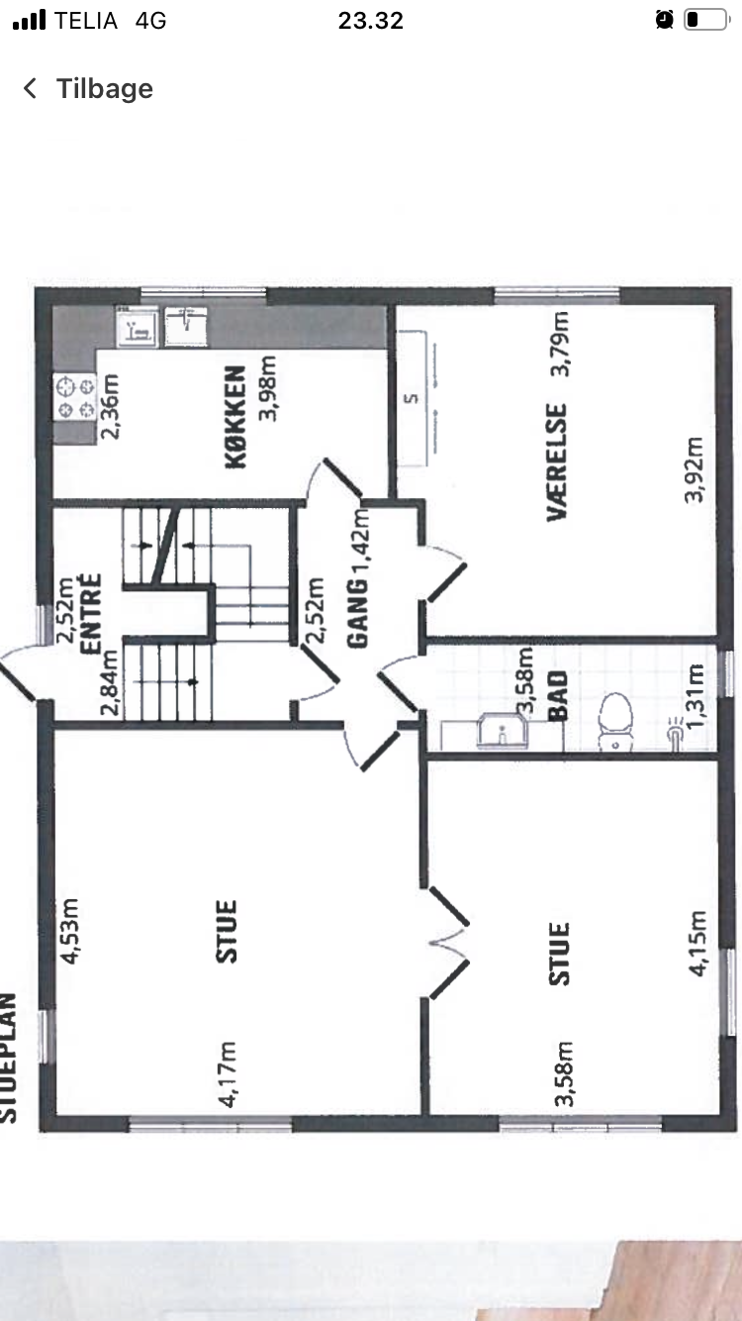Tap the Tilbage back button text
(x=104, y=89)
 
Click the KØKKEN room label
(x=235, y=418)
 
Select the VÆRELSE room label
(x=557, y=461)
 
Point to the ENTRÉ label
(x=91, y=614)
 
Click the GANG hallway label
(x=358, y=614)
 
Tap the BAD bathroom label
(x=558, y=696)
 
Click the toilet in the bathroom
(x=615, y=722)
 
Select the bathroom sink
(x=503, y=731)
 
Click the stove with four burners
(x=75, y=397)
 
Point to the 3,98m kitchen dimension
(x=268, y=387)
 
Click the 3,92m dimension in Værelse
(x=694, y=469)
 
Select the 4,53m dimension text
(x=69, y=931)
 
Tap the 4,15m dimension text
(x=697, y=944)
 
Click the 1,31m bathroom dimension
(x=696, y=697)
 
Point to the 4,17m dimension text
(x=227, y=1073)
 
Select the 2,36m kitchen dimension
(x=109, y=407)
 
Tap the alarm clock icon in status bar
(x=664, y=20)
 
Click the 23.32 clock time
(x=371, y=21)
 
